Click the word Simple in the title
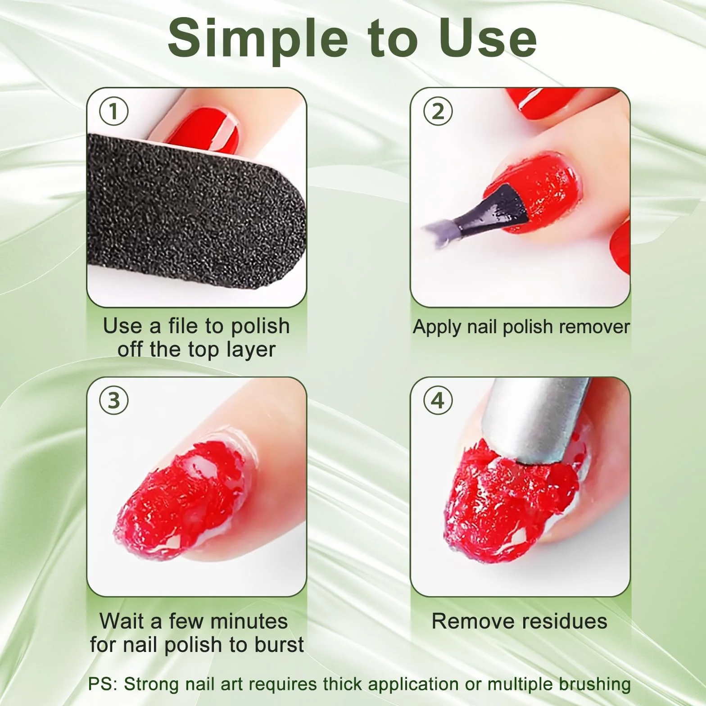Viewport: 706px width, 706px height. [x=258, y=40]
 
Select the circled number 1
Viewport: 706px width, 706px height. [x=114, y=111]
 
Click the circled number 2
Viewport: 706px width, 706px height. [x=438, y=111]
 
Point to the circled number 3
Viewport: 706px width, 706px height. [x=114, y=400]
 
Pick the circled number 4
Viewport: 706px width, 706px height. [x=438, y=400]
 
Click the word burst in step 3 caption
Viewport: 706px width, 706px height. [x=279, y=644]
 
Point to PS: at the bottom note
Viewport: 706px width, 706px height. [x=103, y=684]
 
